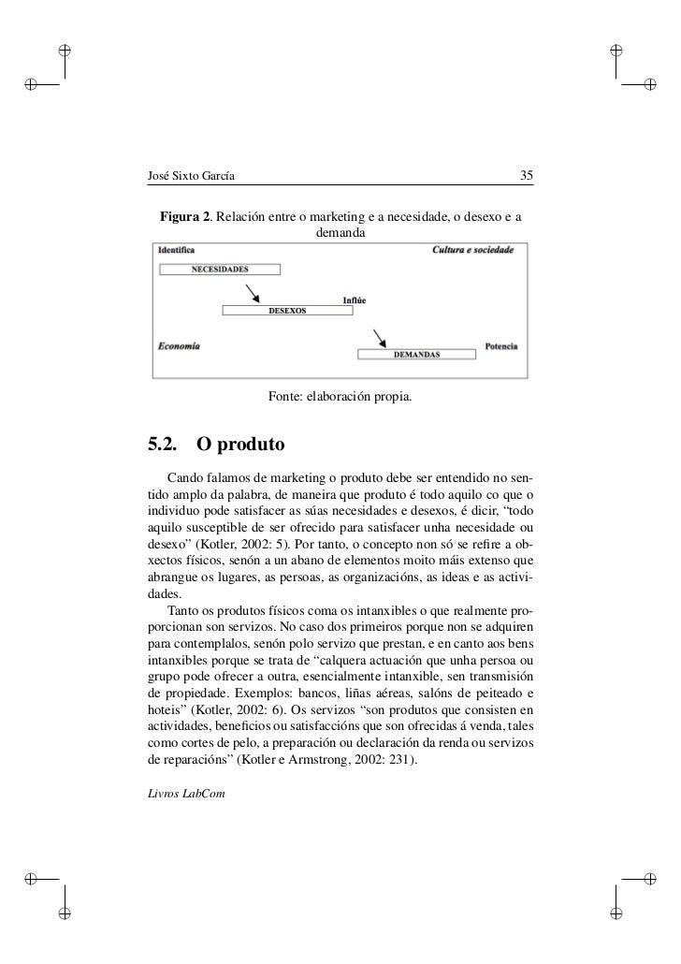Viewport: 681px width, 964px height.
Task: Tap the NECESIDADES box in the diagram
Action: (x=220, y=270)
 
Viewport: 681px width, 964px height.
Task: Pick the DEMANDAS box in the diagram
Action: (x=415, y=355)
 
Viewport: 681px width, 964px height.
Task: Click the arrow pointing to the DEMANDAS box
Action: (x=380, y=337)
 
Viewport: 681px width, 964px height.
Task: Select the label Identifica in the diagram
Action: (x=177, y=251)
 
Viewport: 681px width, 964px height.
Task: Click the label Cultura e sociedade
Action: (x=472, y=251)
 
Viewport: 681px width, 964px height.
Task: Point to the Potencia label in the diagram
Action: (x=500, y=345)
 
